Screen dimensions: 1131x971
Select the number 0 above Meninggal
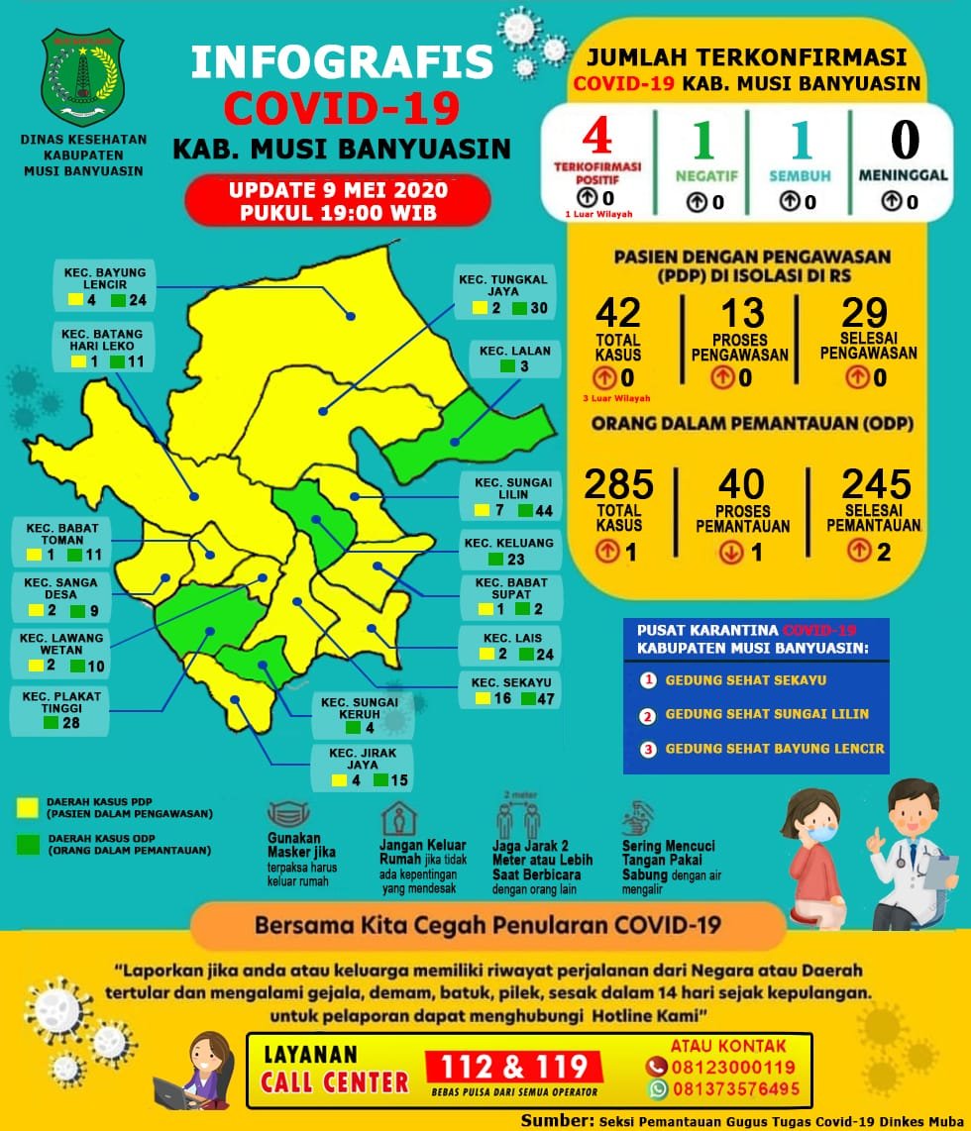[904, 140]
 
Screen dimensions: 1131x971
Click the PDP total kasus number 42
[617, 313]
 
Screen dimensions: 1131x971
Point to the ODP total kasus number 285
[618, 484]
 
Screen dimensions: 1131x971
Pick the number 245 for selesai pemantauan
[876, 484]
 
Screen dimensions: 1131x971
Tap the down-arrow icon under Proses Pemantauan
[731, 553]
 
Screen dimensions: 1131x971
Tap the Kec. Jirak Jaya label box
[360, 768]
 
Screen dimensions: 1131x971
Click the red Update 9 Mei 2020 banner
[337, 200]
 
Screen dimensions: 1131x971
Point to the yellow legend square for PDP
[29, 806]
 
